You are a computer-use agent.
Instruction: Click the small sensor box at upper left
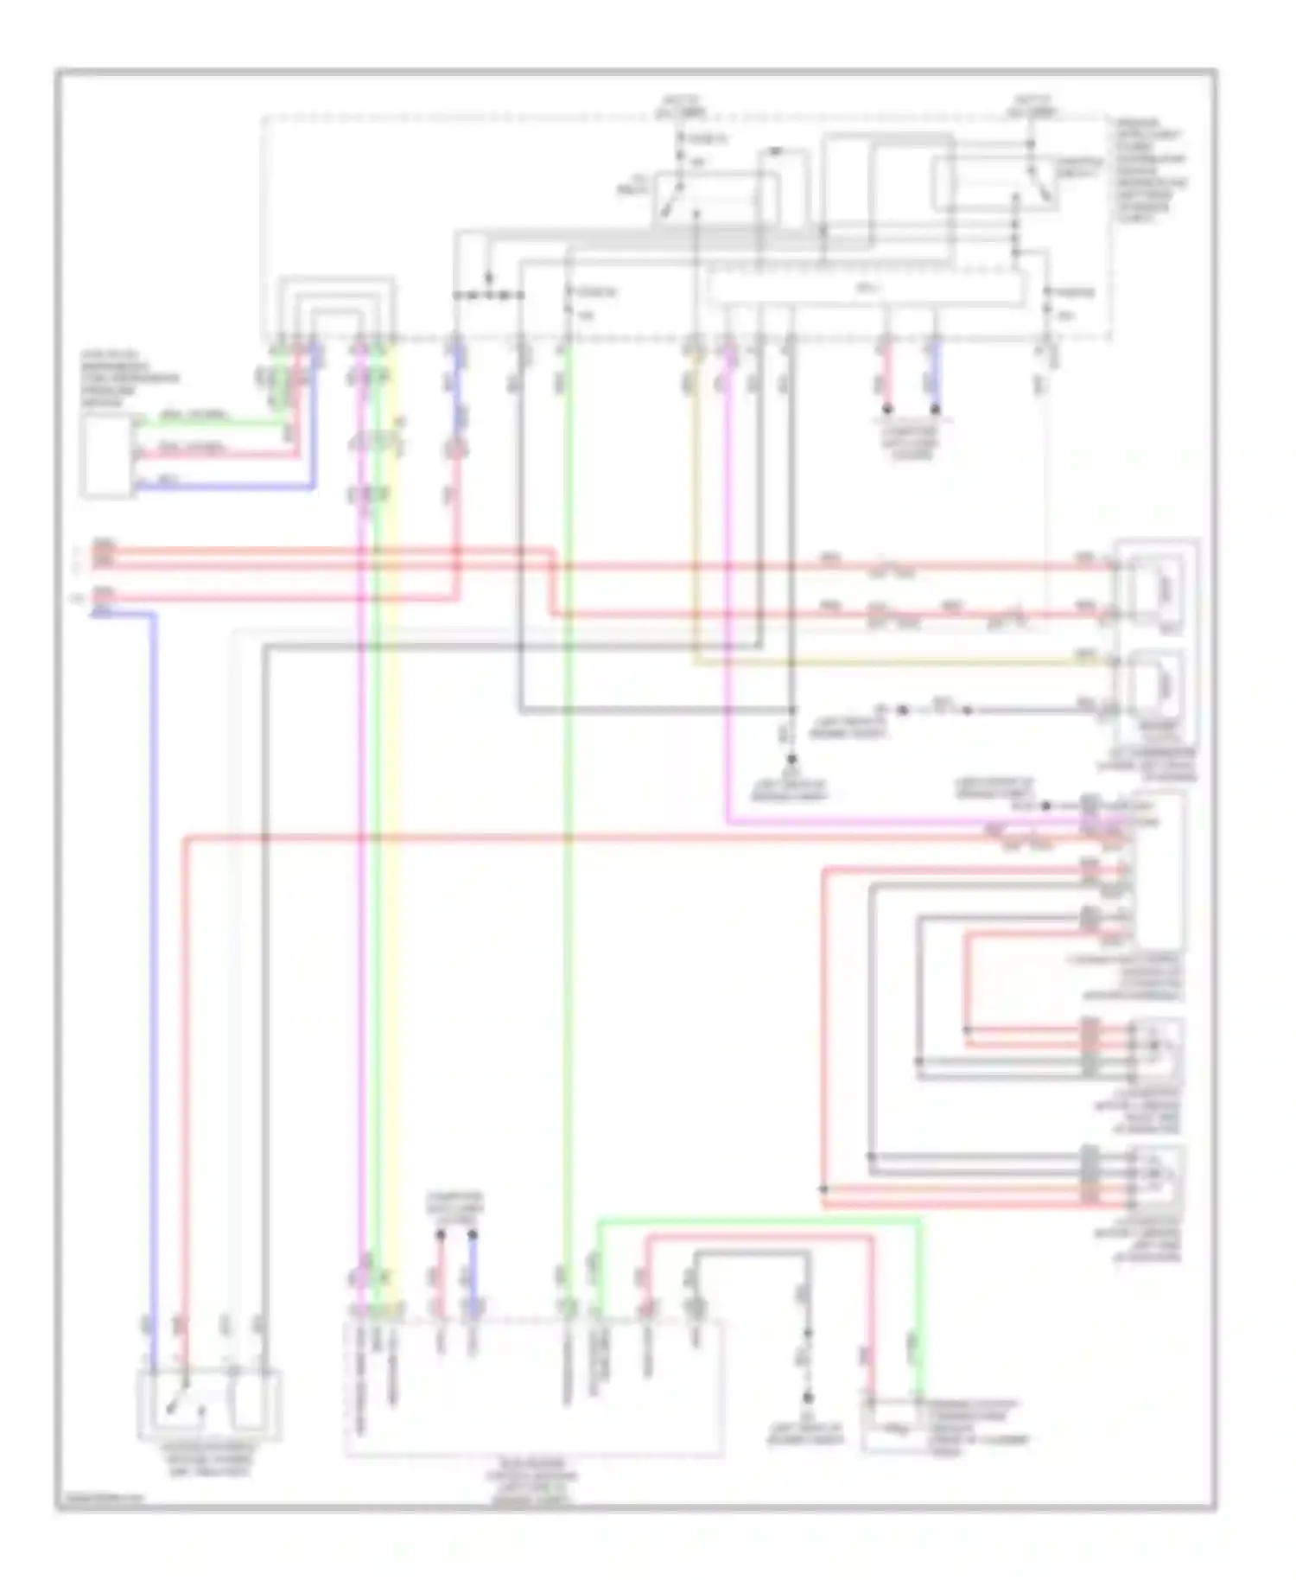click(x=107, y=456)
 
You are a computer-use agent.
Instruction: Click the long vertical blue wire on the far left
click(x=154, y=951)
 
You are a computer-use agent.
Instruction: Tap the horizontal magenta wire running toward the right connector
click(x=899, y=822)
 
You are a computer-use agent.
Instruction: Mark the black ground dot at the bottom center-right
click(x=808, y=1398)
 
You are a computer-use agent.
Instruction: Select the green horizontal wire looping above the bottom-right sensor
click(x=760, y=1221)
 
